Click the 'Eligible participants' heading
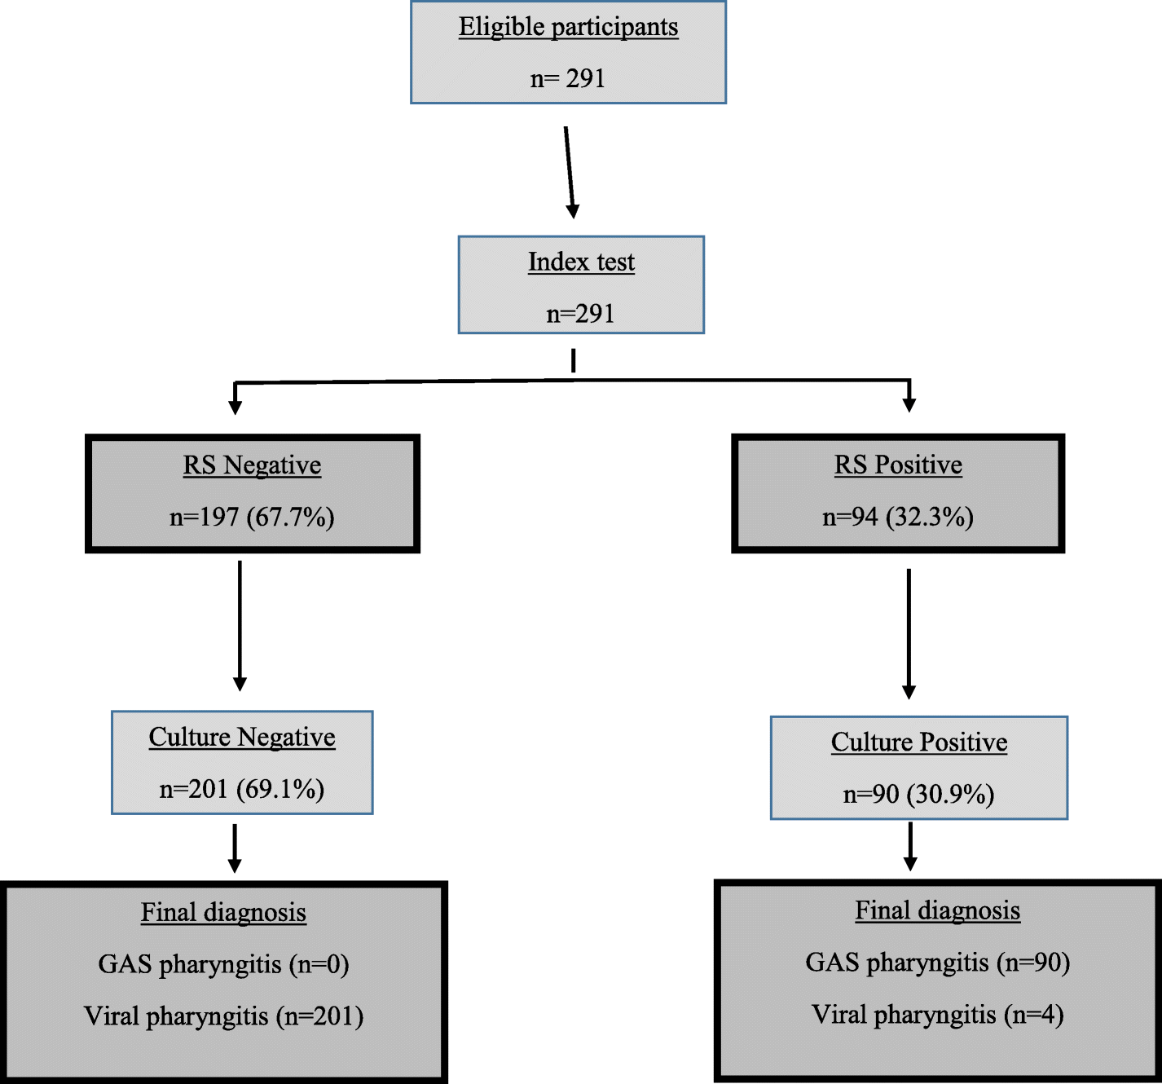(x=568, y=27)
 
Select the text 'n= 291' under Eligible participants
(x=568, y=79)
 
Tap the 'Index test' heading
(x=581, y=262)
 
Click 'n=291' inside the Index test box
(x=580, y=314)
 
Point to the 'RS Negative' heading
(x=252, y=465)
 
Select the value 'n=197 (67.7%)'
(x=252, y=518)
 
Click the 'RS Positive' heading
(x=898, y=465)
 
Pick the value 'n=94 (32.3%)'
(x=898, y=518)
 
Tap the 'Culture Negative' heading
(x=242, y=738)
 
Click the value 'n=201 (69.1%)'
(x=242, y=790)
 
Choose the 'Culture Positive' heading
(x=919, y=742)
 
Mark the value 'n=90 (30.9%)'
(x=918, y=795)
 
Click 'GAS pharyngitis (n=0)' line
(x=223, y=965)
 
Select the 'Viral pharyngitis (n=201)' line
(x=223, y=1017)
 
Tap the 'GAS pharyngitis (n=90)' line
(x=937, y=963)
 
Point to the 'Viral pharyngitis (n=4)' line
(x=937, y=1016)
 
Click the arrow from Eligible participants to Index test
(x=570, y=172)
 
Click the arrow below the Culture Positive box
(x=910, y=846)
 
